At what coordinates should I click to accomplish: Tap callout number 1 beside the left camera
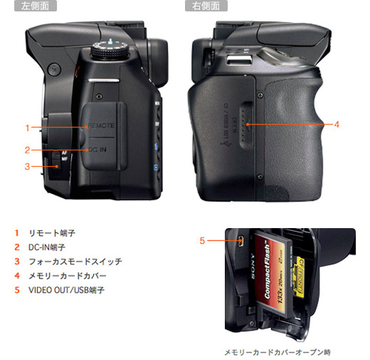coord(27,127)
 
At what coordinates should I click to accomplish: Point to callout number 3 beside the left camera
coord(27,166)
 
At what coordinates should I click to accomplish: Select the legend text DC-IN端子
coord(43,247)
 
